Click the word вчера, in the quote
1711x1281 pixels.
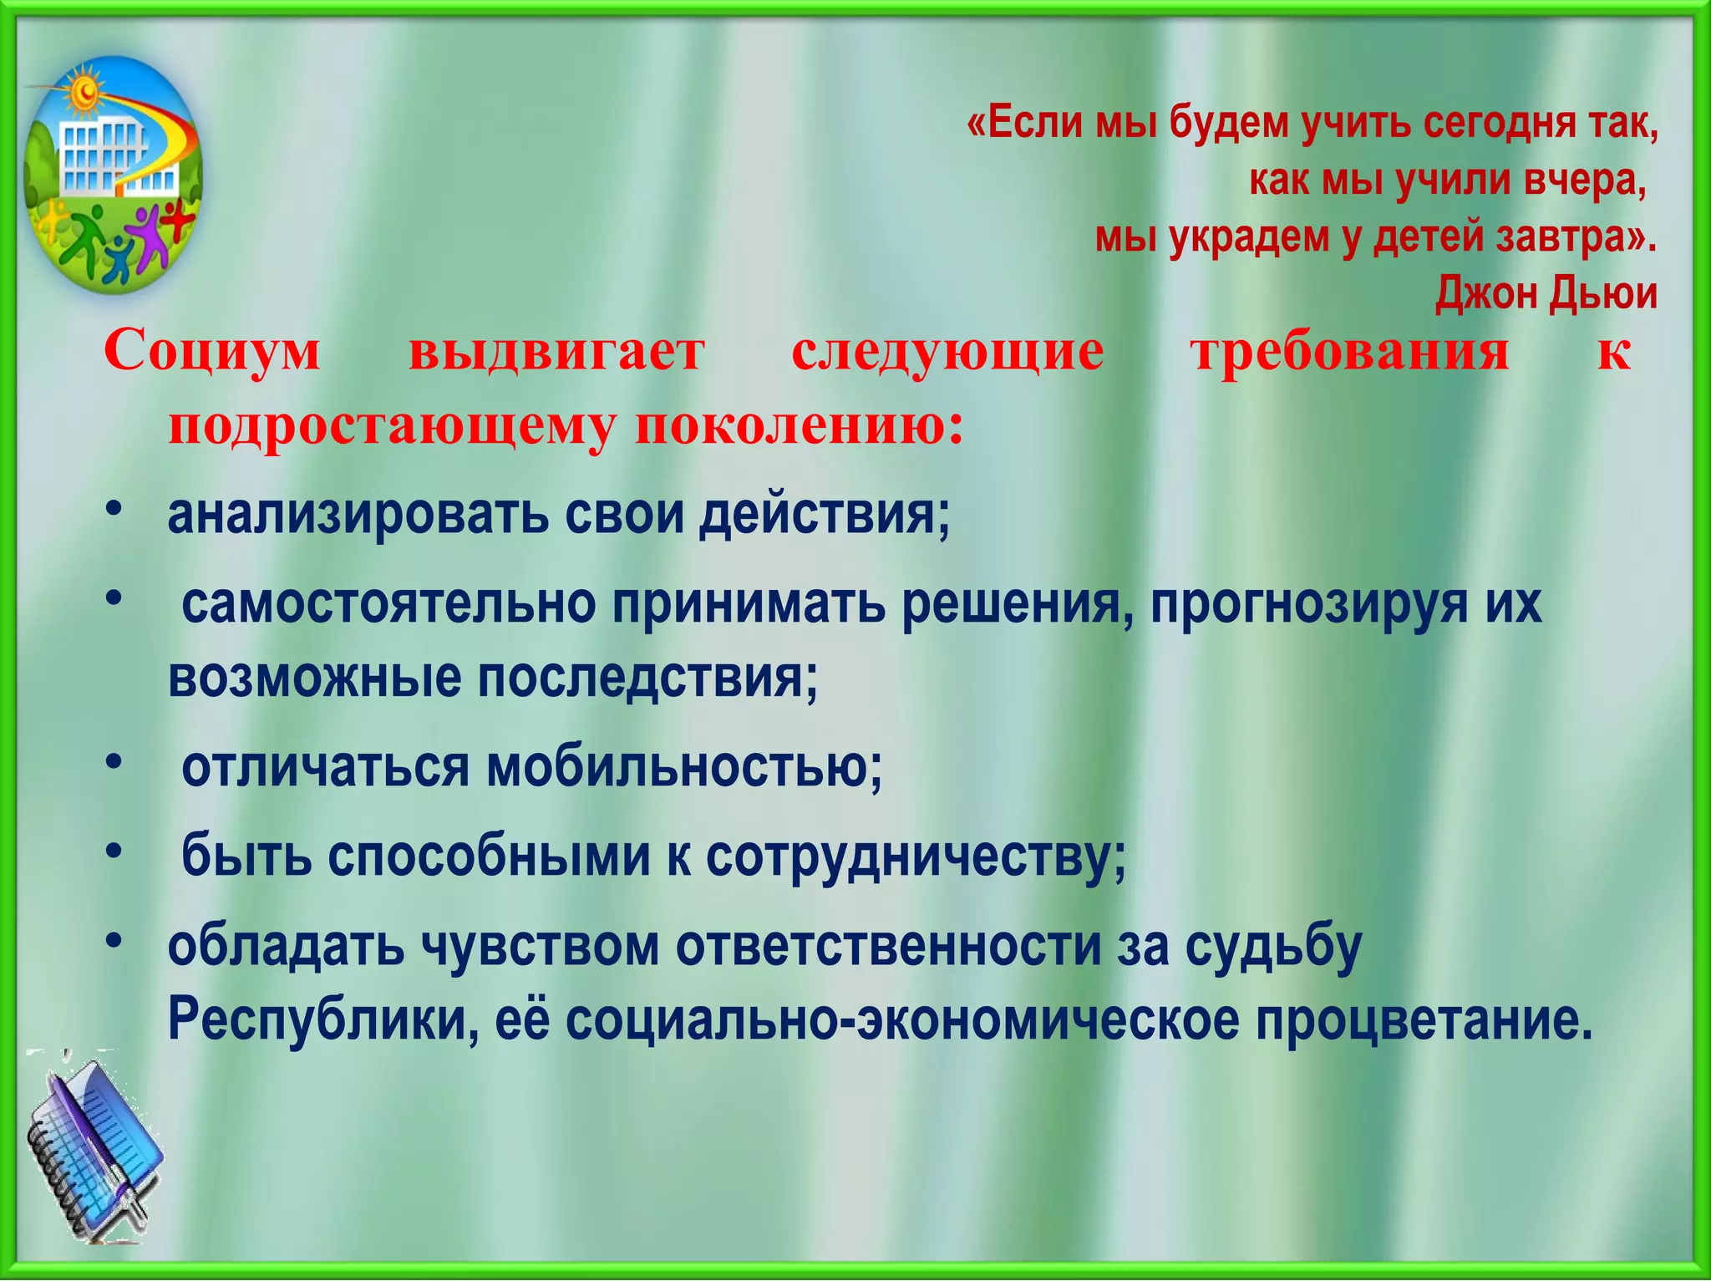click(x=1583, y=181)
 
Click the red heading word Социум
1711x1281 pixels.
click(x=212, y=351)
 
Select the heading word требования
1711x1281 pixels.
click(x=1350, y=351)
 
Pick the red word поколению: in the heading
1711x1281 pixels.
click(x=800, y=427)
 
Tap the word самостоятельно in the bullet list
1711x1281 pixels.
click(x=388, y=603)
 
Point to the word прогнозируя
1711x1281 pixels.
click(x=1308, y=603)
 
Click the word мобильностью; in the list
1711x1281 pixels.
click(x=684, y=767)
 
